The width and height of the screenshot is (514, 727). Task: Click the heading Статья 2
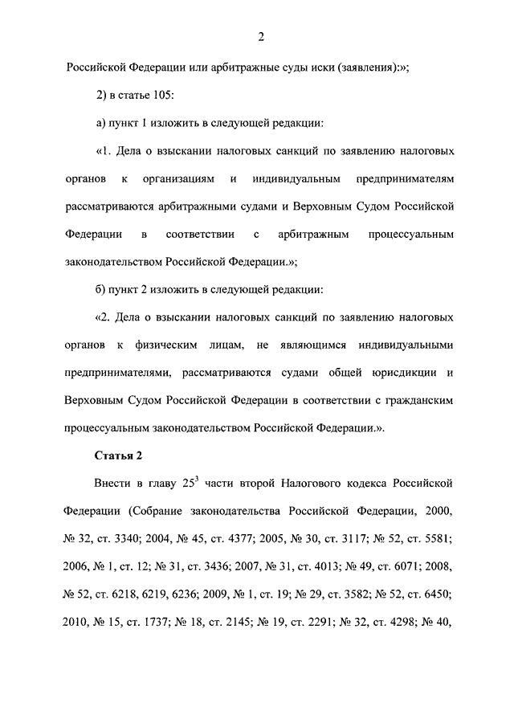[119, 455]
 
